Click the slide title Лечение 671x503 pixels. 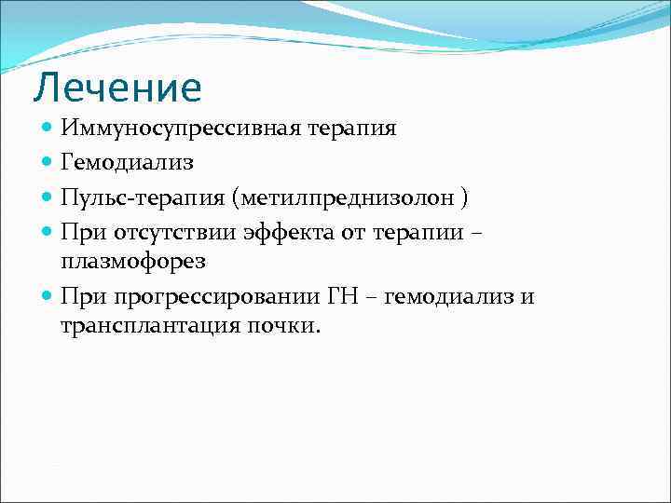pyautogui.click(x=117, y=88)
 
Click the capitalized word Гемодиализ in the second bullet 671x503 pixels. pyautogui.click(x=127, y=163)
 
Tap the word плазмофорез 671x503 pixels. pyautogui.click(x=133, y=262)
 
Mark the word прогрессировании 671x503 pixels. pyautogui.click(x=218, y=296)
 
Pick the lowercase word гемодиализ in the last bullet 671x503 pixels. pyautogui.click(x=450, y=296)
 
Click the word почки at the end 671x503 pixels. pyautogui.click(x=287, y=327)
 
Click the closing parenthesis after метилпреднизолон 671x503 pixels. pyautogui.click(x=464, y=197)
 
